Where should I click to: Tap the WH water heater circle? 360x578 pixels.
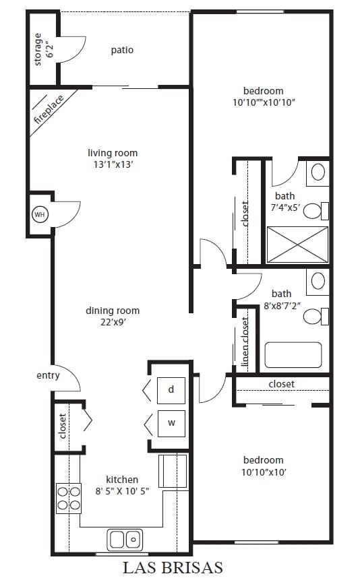pyautogui.click(x=40, y=215)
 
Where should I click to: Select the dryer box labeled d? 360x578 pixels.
pyautogui.click(x=171, y=389)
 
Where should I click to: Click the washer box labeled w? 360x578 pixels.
pyautogui.click(x=171, y=423)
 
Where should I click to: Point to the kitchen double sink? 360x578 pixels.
pyautogui.click(x=125, y=539)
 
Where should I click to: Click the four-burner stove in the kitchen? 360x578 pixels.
pyautogui.click(x=68, y=498)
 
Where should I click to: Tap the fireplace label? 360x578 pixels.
pyautogui.click(x=49, y=111)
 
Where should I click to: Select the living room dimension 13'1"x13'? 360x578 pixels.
pyautogui.click(x=113, y=164)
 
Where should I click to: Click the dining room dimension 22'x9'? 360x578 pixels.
pyautogui.click(x=113, y=322)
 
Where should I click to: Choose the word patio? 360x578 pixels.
pyautogui.click(x=122, y=50)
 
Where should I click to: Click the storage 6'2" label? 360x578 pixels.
pyautogui.click(x=43, y=49)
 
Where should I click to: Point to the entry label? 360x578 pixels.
pyautogui.click(x=48, y=375)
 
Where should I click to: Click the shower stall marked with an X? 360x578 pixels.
pyautogui.click(x=297, y=244)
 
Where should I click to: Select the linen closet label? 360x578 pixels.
pyautogui.click(x=245, y=342)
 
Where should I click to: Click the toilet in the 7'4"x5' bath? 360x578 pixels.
pyautogui.click(x=313, y=211)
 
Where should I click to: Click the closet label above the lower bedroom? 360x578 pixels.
pyautogui.click(x=281, y=384)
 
